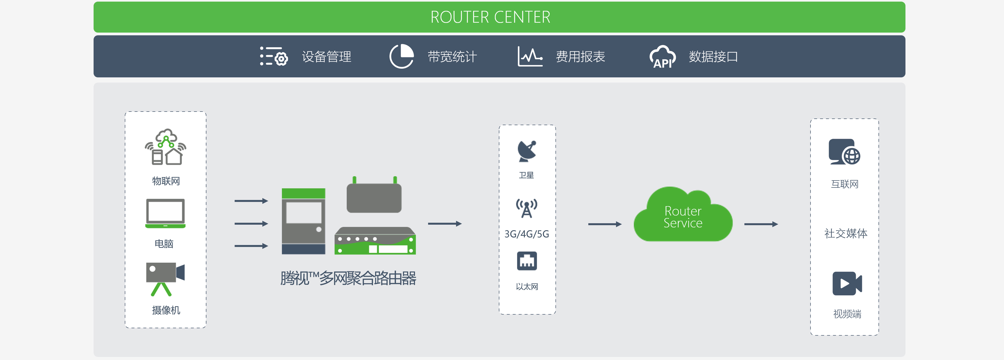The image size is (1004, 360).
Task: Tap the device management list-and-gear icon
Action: (274, 57)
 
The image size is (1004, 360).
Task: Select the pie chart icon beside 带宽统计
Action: (401, 57)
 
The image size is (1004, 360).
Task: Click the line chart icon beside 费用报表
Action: (530, 57)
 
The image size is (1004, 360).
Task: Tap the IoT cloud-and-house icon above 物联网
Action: (166, 147)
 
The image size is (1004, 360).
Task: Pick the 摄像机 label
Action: (166, 310)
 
